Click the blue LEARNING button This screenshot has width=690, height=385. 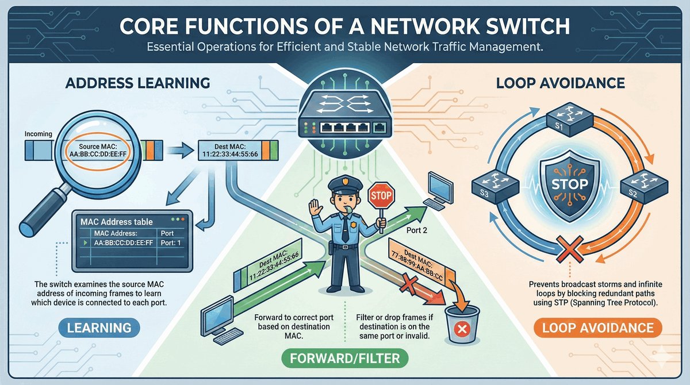pyautogui.click(x=99, y=328)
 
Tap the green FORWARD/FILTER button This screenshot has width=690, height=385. pyautogui.click(x=345, y=359)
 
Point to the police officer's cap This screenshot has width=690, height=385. pyautogui.click(x=346, y=184)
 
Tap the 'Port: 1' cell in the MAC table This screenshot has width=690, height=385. pyautogui.click(x=172, y=243)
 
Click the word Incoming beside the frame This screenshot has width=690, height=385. pyautogui.click(x=39, y=134)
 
